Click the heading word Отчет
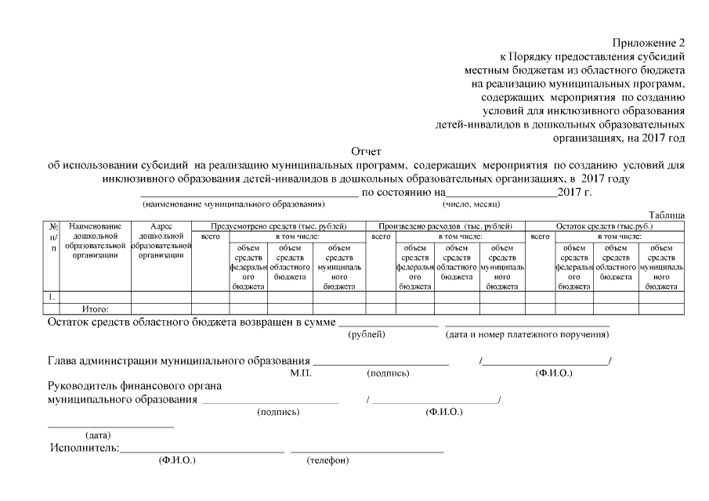365,151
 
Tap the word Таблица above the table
667,215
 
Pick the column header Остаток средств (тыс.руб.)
604,225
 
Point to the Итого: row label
96,309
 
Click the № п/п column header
53,236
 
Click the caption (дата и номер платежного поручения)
526,334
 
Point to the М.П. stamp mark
301,373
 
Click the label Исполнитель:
84,449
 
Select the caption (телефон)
327,460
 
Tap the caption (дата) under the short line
98,435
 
